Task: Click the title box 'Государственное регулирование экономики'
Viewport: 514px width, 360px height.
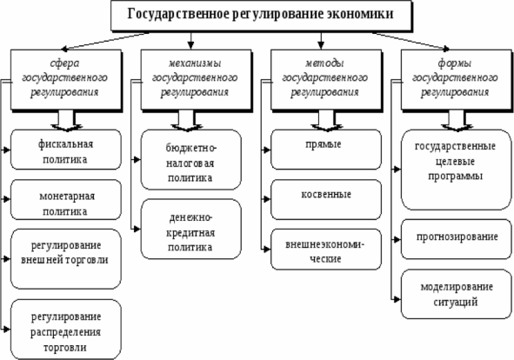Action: pyautogui.click(x=261, y=16)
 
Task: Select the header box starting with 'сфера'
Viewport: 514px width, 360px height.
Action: pyautogui.click(x=66, y=79)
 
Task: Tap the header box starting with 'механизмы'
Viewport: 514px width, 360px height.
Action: pyautogui.click(x=197, y=79)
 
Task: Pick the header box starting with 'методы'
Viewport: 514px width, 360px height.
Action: pyautogui.click(x=326, y=79)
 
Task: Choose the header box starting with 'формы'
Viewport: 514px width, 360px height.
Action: pyautogui.click(x=457, y=79)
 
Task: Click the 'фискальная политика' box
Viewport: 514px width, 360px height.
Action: pyautogui.click(x=66, y=150)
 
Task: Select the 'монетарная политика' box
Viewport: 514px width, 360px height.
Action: pyautogui.click(x=66, y=199)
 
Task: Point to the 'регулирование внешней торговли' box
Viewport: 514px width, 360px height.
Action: pyautogui.click(x=66, y=259)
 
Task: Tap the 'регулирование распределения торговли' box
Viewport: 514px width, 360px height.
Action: pyautogui.click(x=66, y=330)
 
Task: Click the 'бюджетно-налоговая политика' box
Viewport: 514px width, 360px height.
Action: pyautogui.click(x=191, y=160)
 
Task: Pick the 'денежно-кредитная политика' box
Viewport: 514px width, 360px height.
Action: pyautogui.click(x=191, y=229)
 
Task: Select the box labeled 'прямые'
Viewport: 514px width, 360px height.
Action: pyautogui.click(x=326, y=150)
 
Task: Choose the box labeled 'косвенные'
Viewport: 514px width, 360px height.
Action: pyautogui.click(x=326, y=199)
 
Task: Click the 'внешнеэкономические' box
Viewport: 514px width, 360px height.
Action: pyautogui.click(x=326, y=250)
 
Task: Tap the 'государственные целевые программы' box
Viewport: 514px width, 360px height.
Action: pyautogui.click(x=457, y=170)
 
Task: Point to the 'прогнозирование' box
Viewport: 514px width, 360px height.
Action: pyautogui.click(x=457, y=239)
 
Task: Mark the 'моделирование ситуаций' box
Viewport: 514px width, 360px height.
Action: pyautogui.click(x=457, y=294)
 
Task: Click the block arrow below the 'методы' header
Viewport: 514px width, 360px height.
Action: pyautogui.click(x=326, y=121)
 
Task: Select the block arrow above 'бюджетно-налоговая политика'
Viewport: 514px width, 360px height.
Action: pyautogui.click(x=186, y=121)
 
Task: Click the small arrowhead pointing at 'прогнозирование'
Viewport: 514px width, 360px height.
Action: pyautogui.click(x=397, y=240)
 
